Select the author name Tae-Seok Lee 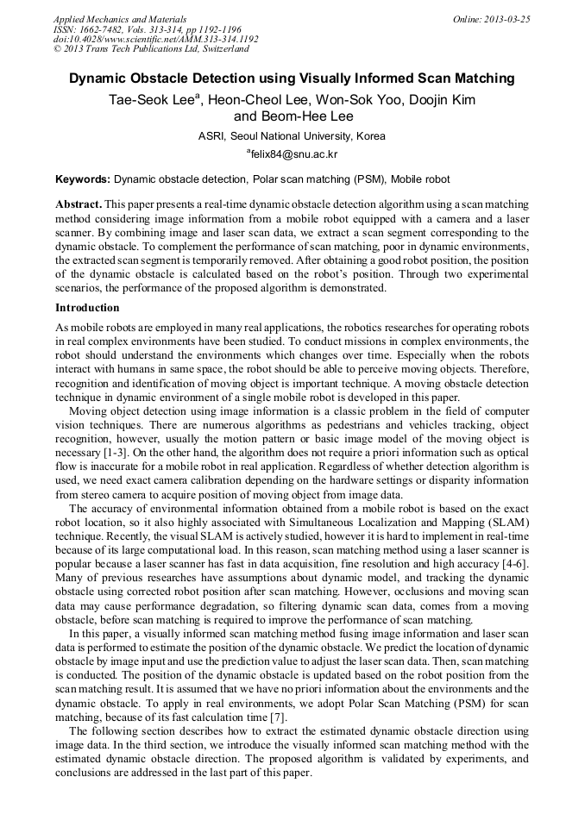coord(150,100)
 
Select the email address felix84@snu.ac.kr coord(294,154)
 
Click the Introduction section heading coord(87,308)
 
